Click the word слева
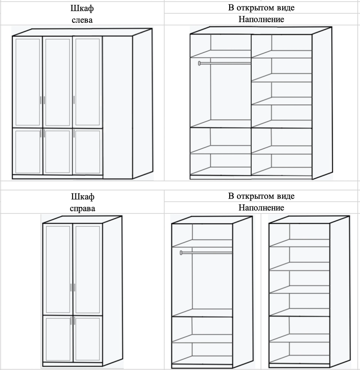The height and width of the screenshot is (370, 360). tap(82, 20)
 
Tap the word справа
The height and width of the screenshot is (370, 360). tap(82, 208)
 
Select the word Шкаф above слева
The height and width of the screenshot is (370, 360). tap(82, 8)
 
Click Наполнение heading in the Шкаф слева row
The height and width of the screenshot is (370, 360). tap(261, 19)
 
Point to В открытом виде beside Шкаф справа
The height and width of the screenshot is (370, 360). tap(261, 196)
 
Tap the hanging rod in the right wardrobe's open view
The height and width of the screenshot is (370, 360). tap(206, 253)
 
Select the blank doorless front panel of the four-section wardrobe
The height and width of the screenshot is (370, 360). tap(118, 107)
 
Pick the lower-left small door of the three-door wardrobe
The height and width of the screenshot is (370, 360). tap(28, 152)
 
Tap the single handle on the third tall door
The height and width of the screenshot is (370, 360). tap(74, 100)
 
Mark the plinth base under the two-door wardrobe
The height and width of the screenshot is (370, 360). tap(72, 364)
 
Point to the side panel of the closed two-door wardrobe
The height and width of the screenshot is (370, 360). tap(112, 292)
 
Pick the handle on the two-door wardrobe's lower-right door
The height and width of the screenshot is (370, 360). tap(74, 320)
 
